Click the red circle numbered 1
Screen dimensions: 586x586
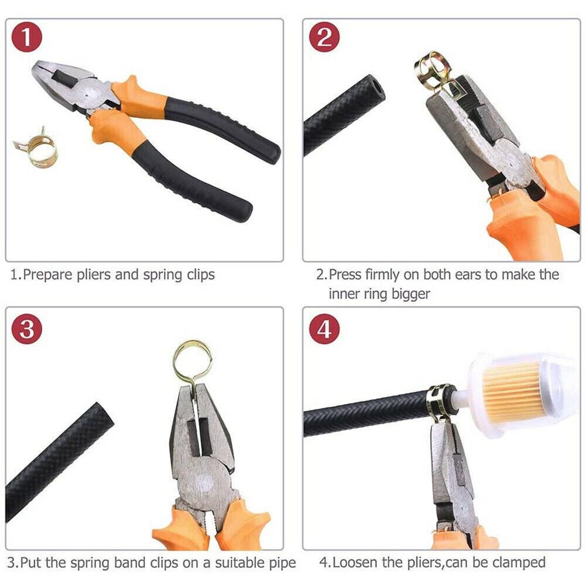[x=27, y=38]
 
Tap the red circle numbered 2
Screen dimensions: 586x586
[x=324, y=38]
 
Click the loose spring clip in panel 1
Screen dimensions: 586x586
[x=36, y=148]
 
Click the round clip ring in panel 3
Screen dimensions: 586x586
[x=192, y=358]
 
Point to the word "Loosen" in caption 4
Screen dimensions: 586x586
[x=354, y=563]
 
